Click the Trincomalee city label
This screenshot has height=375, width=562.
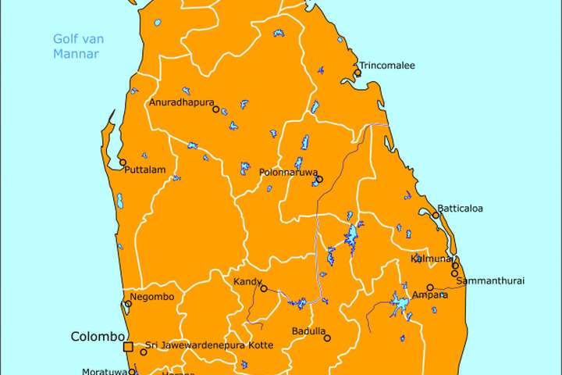point(387,66)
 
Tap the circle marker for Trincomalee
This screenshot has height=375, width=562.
point(357,73)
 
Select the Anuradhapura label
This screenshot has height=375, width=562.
point(181,102)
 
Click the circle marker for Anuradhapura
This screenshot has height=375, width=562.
point(216,109)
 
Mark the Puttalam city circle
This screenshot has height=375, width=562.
point(123,162)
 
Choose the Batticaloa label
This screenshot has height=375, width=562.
point(461,209)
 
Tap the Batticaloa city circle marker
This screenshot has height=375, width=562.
point(436,215)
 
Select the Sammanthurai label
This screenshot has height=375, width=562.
point(490,280)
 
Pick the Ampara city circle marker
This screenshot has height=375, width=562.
point(430,287)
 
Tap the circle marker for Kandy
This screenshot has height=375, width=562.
point(264,288)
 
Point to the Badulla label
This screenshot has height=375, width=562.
point(308,331)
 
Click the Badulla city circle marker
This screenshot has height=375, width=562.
point(327,338)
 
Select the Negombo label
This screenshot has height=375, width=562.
point(153,297)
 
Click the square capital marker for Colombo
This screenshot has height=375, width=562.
point(128,346)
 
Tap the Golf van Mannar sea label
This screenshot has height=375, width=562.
point(78,46)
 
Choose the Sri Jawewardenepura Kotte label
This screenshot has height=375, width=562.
point(209,345)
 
